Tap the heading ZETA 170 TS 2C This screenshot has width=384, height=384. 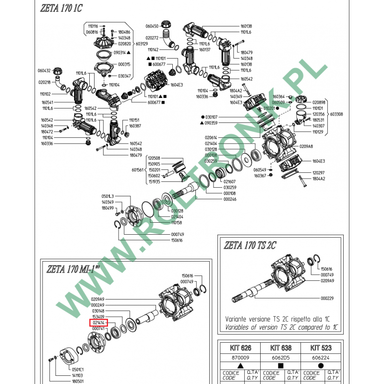(x=250, y=245)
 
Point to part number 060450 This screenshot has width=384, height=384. (x=152, y=26)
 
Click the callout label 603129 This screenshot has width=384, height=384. (x=142, y=44)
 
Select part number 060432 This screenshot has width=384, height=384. (x=44, y=71)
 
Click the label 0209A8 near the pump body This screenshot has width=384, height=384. (x=306, y=146)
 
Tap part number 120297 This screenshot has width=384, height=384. (x=319, y=172)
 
